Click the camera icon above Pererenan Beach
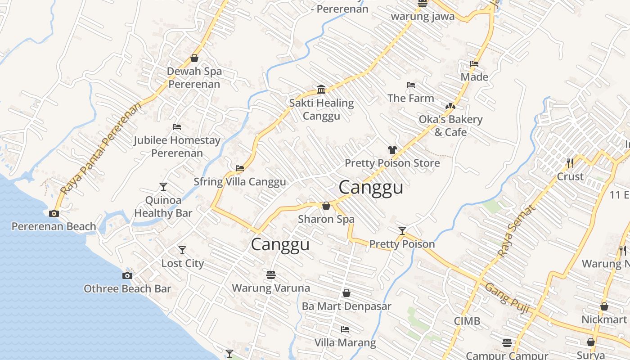pos(54,213)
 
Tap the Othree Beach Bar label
pos(127,288)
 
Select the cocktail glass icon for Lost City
pos(182,250)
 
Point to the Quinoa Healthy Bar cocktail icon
pos(163,186)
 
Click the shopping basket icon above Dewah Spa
pos(194,58)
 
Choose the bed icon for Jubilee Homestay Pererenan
pos(177,127)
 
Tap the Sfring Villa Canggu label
pos(239,182)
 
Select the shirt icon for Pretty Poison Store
pos(392,150)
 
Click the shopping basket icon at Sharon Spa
pos(326,206)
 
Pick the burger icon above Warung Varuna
pos(271,274)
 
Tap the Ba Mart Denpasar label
pos(346,306)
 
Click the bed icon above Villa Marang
pos(345,329)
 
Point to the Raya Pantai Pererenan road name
pos(101,148)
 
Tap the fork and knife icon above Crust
pos(570,163)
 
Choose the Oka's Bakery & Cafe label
pos(450,126)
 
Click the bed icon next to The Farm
pos(411,85)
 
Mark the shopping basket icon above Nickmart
pos(604,306)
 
